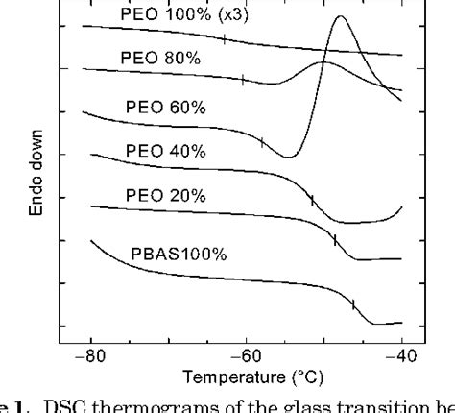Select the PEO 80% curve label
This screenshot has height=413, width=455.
click(x=160, y=58)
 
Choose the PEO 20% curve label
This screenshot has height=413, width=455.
click(x=165, y=195)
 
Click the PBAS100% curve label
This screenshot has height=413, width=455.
click(x=179, y=255)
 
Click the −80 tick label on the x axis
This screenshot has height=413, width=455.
click(x=90, y=352)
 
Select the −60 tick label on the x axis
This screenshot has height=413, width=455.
click(x=246, y=352)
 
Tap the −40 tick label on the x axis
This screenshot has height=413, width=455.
click(x=401, y=352)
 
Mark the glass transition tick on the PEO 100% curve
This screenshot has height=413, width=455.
click(x=224, y=39)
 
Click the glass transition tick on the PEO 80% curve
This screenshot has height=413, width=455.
click(x=243, y=81)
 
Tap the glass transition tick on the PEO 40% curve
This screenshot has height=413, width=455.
click(x=312, y=200)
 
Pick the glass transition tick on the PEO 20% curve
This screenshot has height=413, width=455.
click(x=335, y=240)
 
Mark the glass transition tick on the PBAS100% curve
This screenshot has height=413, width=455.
click(x=352, y=304)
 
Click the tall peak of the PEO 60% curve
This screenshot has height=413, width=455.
click(x=340, y=18)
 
